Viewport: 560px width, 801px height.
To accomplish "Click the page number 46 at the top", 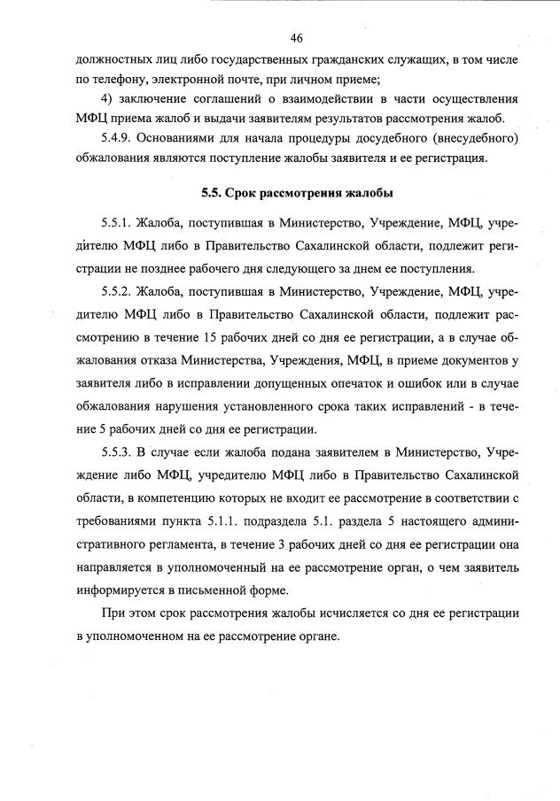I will pos(297,37).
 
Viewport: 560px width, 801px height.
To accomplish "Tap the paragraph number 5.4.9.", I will pos(121,139).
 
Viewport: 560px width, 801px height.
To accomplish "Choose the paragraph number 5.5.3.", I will pos(121,453).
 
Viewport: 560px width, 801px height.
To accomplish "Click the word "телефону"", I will pos(112,78).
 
